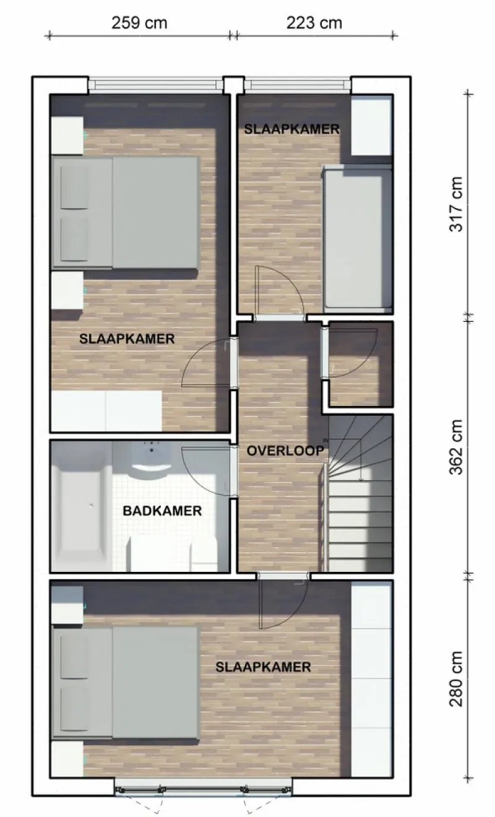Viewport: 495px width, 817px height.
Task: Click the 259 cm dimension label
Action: click(139, 23)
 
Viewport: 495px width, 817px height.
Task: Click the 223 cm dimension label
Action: click(314, 23)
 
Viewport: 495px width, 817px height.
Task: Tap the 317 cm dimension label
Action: click(456, 204)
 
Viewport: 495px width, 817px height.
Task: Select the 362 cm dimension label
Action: click(456, 447)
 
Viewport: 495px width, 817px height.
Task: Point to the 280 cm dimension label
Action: click(456, 679)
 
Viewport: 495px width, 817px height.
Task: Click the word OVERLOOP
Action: click(285, 451)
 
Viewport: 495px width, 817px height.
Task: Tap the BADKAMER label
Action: click(162, 511)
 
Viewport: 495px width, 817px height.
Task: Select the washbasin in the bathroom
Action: click(151, 457)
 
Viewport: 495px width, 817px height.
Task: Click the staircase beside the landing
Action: click(359, 493)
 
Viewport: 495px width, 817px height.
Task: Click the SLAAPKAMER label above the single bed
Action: click(291, 129)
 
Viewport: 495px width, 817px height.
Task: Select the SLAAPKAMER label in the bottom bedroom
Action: click(263, 667)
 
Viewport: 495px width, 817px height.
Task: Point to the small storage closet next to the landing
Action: click(361, 364)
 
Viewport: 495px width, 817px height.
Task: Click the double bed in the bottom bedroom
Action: click(125, 685)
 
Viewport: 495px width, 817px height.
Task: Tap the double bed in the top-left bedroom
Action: click(125, 214)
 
